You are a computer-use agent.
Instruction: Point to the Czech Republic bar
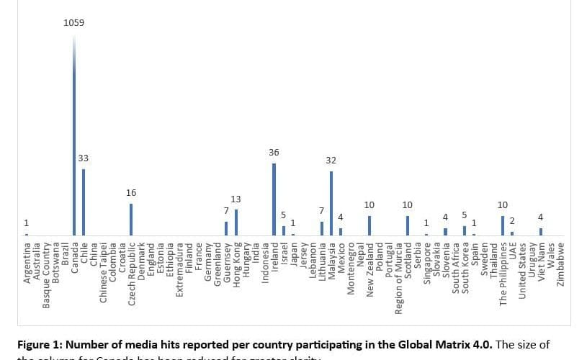(131, 220)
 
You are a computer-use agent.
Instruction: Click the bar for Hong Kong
(236, 222)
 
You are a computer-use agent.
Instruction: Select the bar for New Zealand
(369, 225)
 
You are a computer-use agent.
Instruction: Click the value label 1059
(73, 22)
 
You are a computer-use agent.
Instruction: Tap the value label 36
(274, 153)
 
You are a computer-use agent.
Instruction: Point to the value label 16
(131, 193)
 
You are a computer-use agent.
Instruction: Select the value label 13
(236, 199)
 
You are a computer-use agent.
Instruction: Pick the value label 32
(331, 160)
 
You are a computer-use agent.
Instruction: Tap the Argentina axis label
(27, 264)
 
